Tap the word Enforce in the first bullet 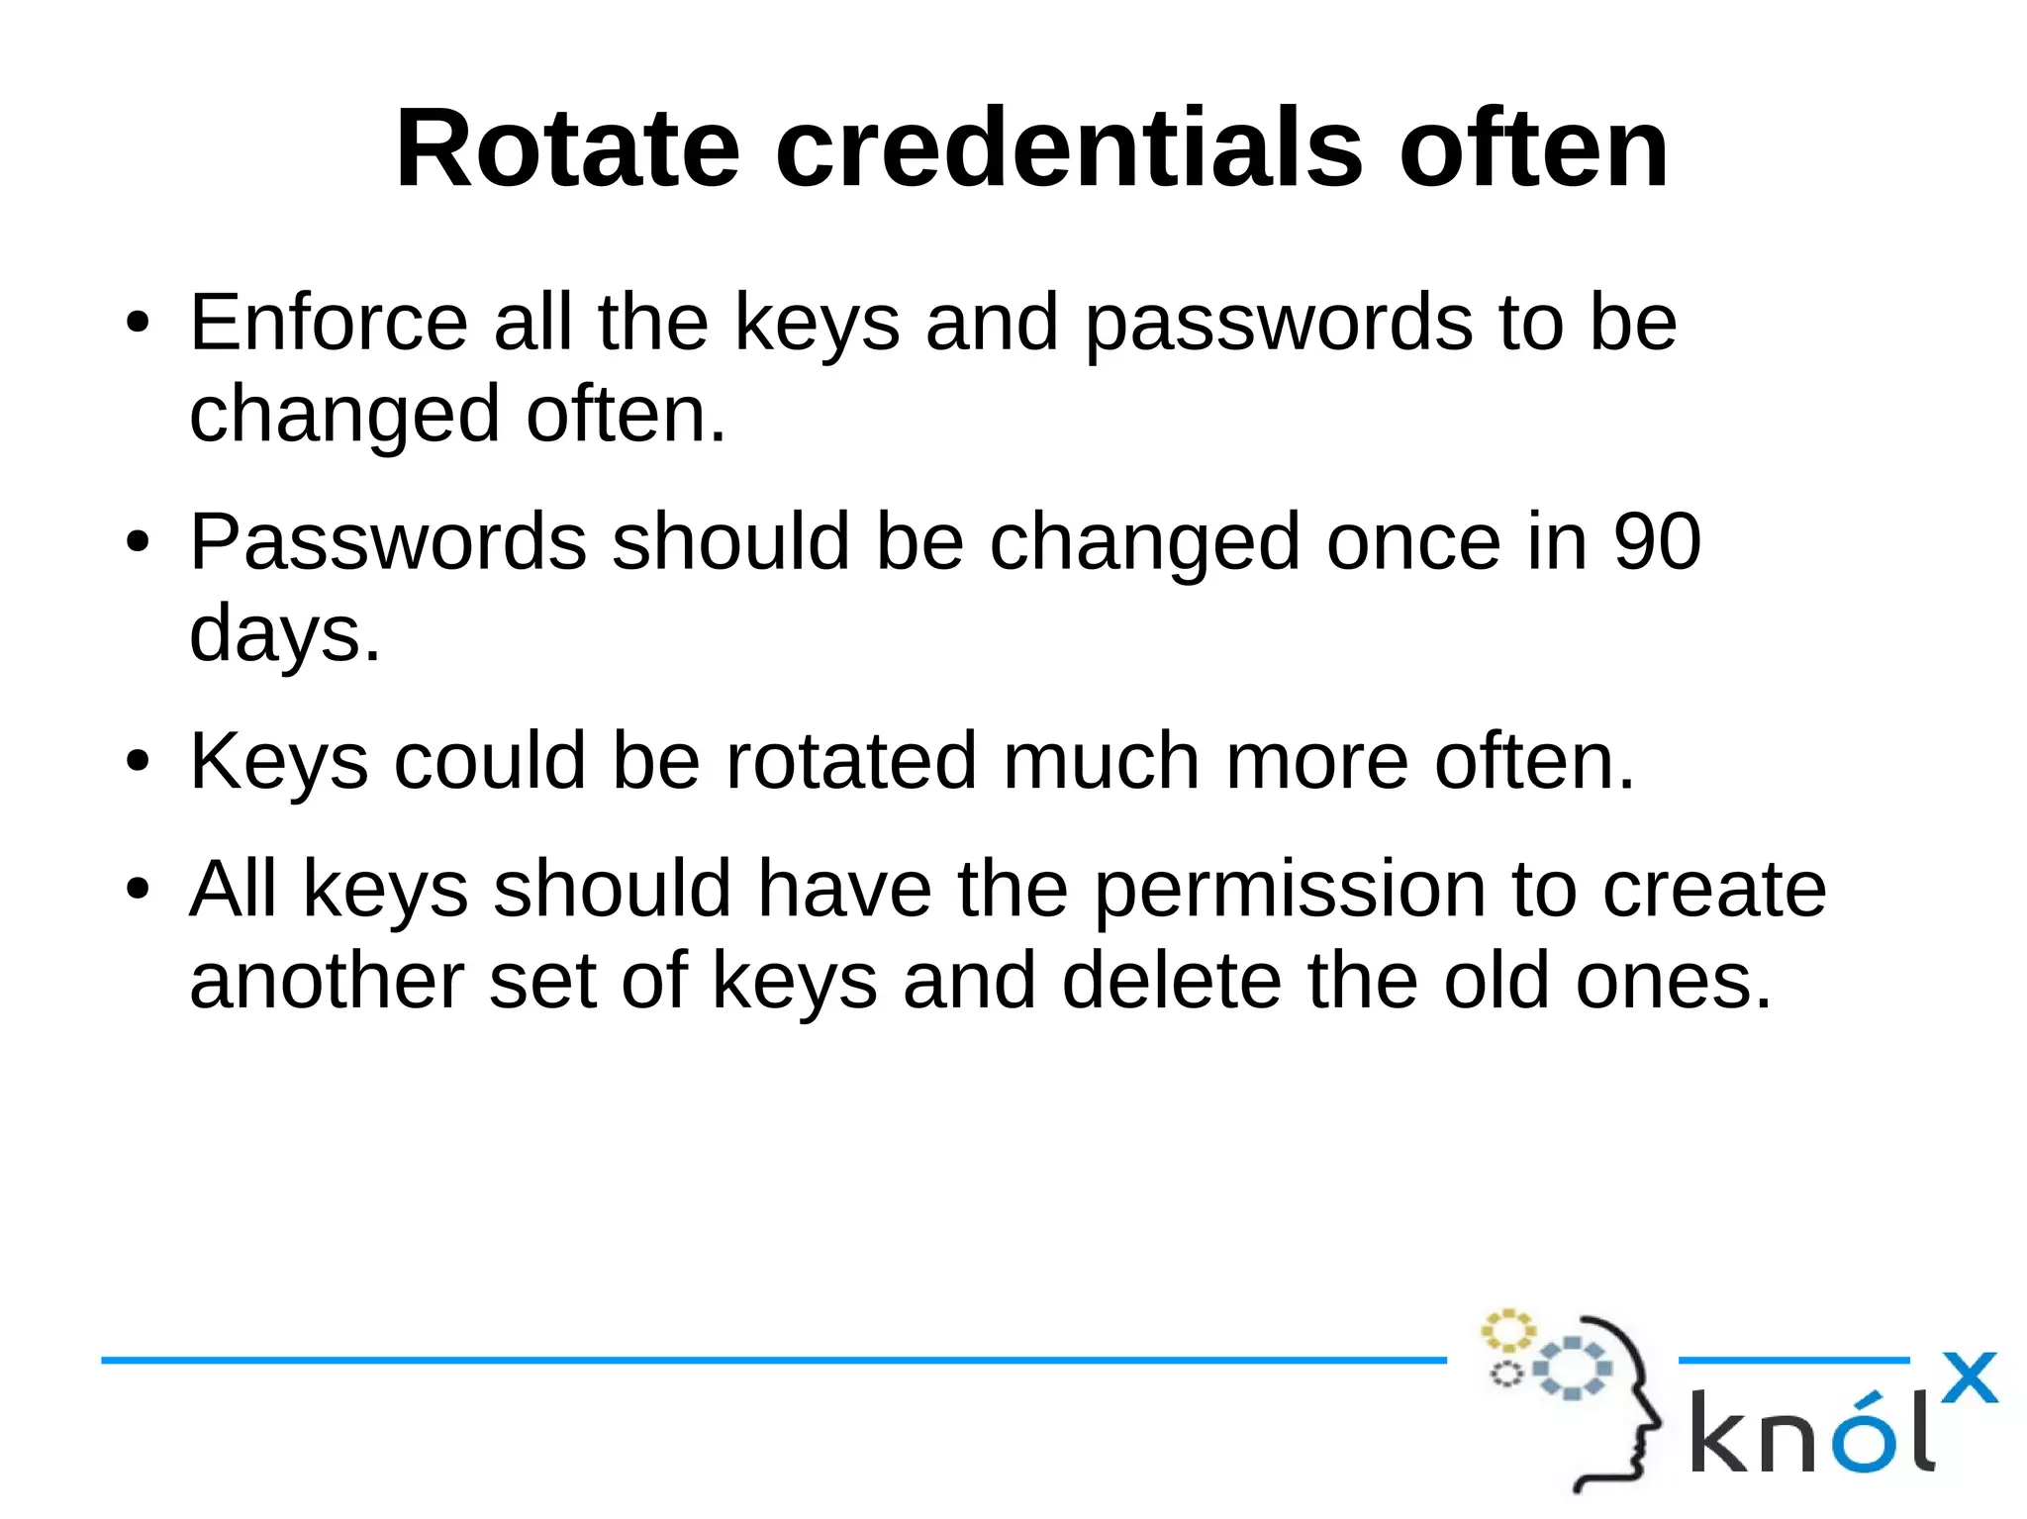[x=329, y=323]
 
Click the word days [x=284, y=633]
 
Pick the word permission [x=1290, y=890]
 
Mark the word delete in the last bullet [x=1171, y=981]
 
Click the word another [x=327, y=981]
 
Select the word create [x=1713, y=890]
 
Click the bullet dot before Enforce [x=138, y=324]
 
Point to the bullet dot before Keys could [x=138, y=762]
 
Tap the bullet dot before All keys [x=138, y=890]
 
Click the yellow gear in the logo [x=1507, y=1331]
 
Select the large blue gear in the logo [x=1572, y=1368]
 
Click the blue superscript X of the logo [x=1969, y=1377]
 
